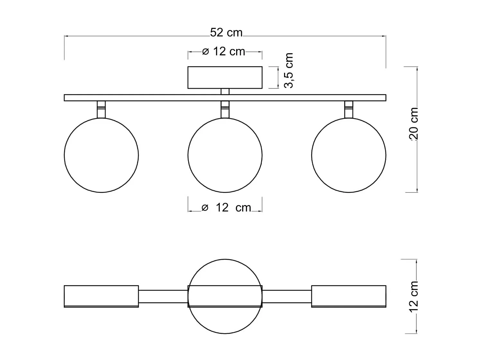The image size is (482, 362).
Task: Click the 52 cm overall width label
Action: pos(226,33)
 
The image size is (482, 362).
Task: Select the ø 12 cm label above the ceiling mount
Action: pos(224,51)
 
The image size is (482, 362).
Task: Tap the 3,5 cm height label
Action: pos(289,70)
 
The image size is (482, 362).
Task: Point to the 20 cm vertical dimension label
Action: pos(414,124)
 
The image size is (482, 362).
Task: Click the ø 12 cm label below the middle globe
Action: pos(227,208)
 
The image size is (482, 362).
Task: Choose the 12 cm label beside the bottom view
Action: pos(414,296)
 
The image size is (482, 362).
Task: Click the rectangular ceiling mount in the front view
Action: pos(225,78)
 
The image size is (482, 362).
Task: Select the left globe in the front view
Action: pos(101,155)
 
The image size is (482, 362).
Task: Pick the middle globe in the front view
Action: pos(225,155)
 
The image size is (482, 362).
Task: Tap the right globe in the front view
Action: pos(349,155)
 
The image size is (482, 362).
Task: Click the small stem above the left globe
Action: pos(101,109)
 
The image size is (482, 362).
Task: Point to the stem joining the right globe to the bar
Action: pos(349,109)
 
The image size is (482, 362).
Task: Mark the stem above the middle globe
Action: pos(225,109)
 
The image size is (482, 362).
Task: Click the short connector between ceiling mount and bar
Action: pos(225,91)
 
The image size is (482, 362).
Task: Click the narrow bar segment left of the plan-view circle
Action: pos(163,296)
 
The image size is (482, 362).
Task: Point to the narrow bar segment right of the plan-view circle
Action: pos(287,296)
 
